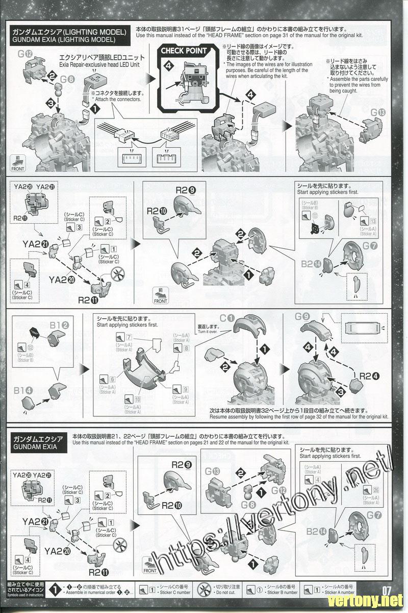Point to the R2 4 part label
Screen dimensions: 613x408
click(x=365, y=376)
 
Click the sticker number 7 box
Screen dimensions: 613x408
click(x=130, y=337)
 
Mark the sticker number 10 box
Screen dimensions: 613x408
click(x=138, y=399)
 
